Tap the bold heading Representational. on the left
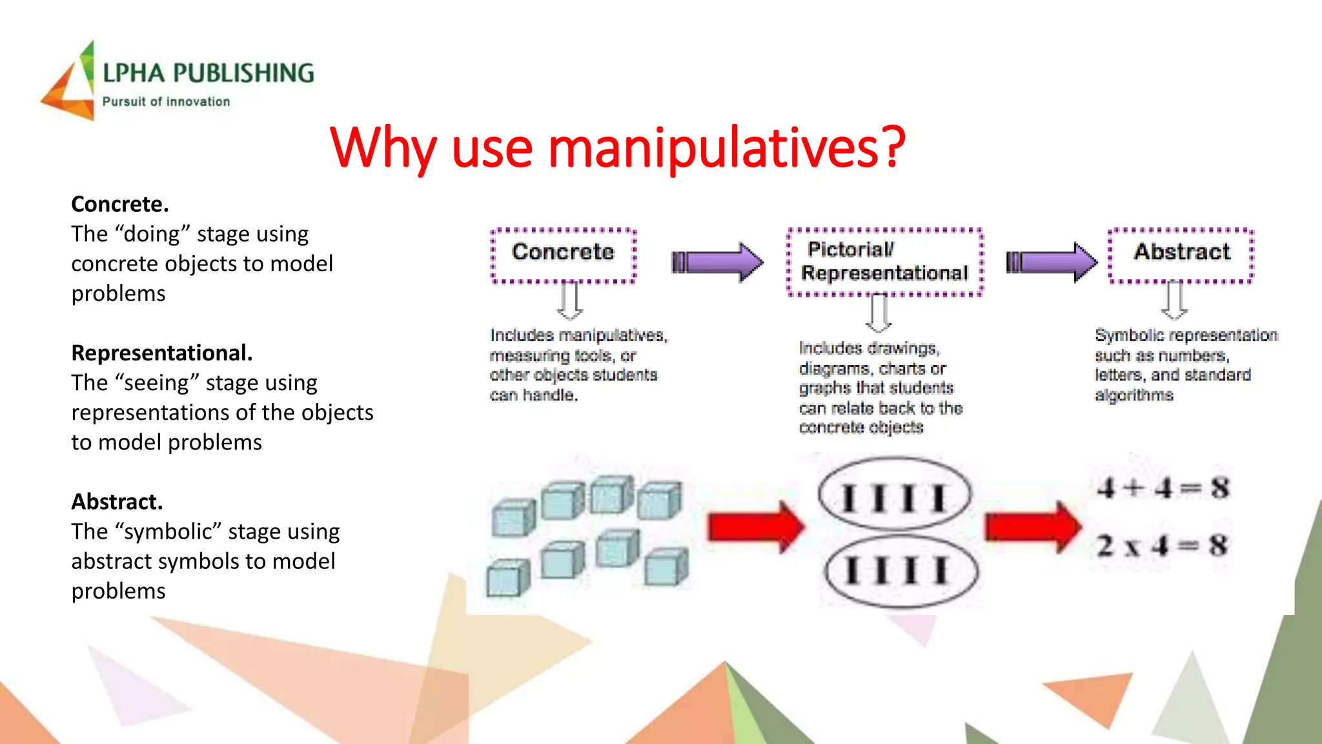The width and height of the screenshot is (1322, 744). pos(161,353)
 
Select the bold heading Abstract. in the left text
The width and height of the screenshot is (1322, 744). pos(117,502)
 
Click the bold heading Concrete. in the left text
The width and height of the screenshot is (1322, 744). pos(120,204)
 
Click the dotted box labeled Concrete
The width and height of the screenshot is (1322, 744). pos(563,256)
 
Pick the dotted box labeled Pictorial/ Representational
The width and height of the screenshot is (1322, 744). pos(884,262)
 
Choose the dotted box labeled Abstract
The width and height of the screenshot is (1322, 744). pos(1181,256)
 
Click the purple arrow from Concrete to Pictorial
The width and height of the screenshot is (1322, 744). pos(718,262)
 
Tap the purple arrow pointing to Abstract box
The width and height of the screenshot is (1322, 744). pos(1052,262)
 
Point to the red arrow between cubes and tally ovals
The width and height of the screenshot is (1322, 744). pos(755,527)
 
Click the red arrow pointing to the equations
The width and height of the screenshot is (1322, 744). pos(1032,527)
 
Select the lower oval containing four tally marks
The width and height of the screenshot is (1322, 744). pos(901,571)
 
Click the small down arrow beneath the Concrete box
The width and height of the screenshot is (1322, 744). pos(569,301)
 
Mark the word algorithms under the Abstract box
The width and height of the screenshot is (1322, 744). pos(1134,395)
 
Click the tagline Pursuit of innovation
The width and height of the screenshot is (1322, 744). pos(166,102)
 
